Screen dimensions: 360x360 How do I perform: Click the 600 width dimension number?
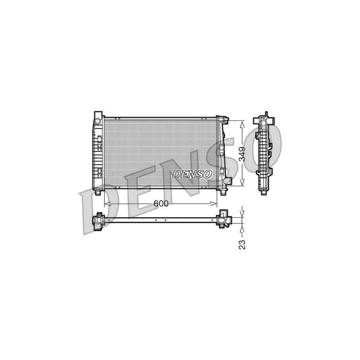[161, 203]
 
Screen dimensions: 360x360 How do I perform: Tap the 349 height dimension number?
[242, 153]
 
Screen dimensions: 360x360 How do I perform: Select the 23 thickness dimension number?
[242, 244]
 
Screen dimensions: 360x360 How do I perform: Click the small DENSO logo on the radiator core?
[192, 174]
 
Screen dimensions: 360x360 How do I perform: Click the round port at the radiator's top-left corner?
[97, 120]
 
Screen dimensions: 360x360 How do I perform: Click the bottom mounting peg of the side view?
[263, 191]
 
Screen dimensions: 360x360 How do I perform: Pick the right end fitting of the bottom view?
[223, 220]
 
